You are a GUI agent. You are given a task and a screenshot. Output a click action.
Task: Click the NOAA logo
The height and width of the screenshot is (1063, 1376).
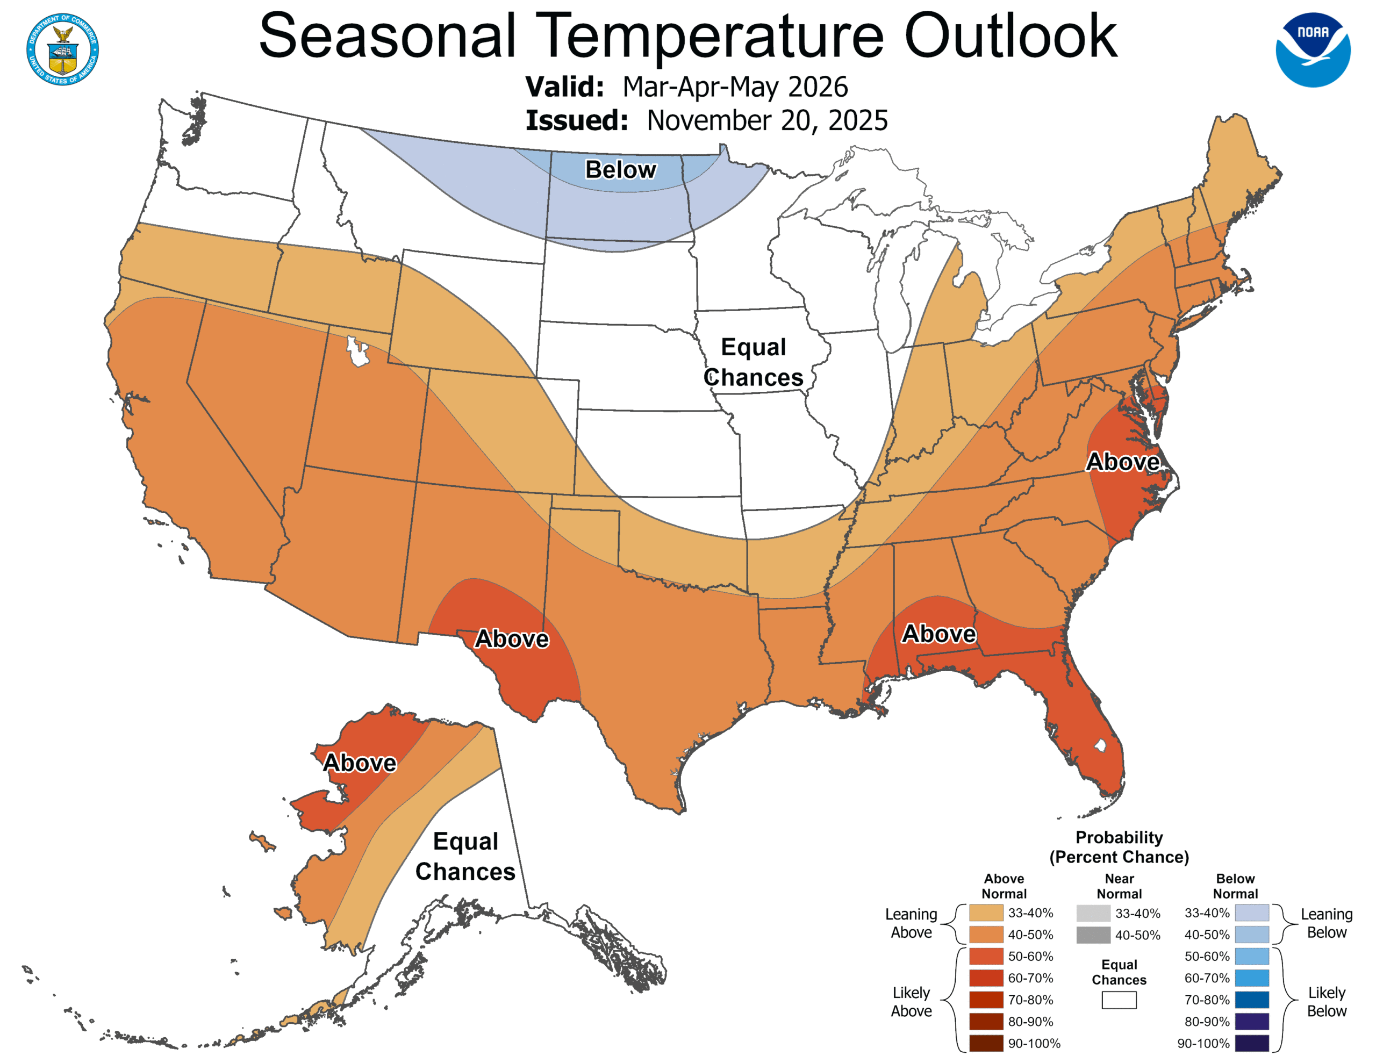(1313, 50)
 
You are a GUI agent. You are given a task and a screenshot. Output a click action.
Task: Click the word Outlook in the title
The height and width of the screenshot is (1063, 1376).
(1010, 37)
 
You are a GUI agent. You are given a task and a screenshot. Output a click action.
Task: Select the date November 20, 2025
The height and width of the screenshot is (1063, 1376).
(767, 120)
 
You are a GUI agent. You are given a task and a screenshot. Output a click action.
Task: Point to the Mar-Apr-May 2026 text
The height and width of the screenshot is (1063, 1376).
(735, 87)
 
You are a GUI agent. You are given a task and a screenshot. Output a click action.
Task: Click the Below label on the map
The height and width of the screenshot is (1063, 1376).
(621, 169)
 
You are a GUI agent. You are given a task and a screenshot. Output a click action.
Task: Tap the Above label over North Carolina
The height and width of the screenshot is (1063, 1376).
(1123, 462)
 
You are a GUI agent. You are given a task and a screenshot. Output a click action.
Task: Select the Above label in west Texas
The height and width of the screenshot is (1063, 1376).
(512, 638)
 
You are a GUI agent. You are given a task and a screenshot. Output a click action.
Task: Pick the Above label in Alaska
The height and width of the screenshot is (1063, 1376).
(360, 763)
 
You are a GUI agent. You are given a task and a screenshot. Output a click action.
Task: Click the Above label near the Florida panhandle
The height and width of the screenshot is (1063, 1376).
(939, 633)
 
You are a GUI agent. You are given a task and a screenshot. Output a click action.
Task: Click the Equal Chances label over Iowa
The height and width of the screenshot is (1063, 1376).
(754, 362)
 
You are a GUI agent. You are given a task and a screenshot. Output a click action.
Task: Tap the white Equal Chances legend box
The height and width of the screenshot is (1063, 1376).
(1119, 1000)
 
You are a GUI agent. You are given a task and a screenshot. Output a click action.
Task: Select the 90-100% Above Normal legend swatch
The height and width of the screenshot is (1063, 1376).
(986, 1044)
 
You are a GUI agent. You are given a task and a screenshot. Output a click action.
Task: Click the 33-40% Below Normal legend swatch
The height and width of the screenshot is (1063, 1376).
(1251, 913)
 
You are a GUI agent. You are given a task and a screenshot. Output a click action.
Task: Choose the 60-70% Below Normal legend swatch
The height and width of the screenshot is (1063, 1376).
(1251, 978)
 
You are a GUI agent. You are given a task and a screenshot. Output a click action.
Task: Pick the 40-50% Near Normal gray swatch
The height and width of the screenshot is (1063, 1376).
(1093, 935)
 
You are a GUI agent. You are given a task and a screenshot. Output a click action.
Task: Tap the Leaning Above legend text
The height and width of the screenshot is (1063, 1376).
(911, 923)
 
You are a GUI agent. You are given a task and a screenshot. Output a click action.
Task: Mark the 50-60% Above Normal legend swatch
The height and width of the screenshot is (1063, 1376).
(986, 957)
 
